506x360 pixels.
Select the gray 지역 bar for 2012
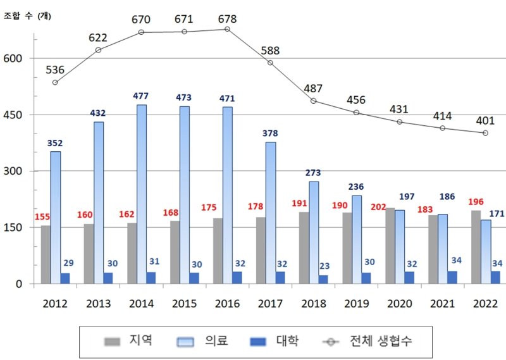click(46, 254)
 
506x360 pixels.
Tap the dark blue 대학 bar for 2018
click(324, 279)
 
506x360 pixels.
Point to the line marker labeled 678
click(227, 29)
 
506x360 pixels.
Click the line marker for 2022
click(485, 133)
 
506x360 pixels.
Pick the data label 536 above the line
click(56, 69)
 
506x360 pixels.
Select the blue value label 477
click(142, 96)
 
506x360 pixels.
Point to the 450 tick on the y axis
click(15, 115)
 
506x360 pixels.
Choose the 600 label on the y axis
click(15, 59)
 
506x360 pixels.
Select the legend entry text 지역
click(137, 342)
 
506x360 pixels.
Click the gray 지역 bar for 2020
click(390, 246)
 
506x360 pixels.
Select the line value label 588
click(270, 50)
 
